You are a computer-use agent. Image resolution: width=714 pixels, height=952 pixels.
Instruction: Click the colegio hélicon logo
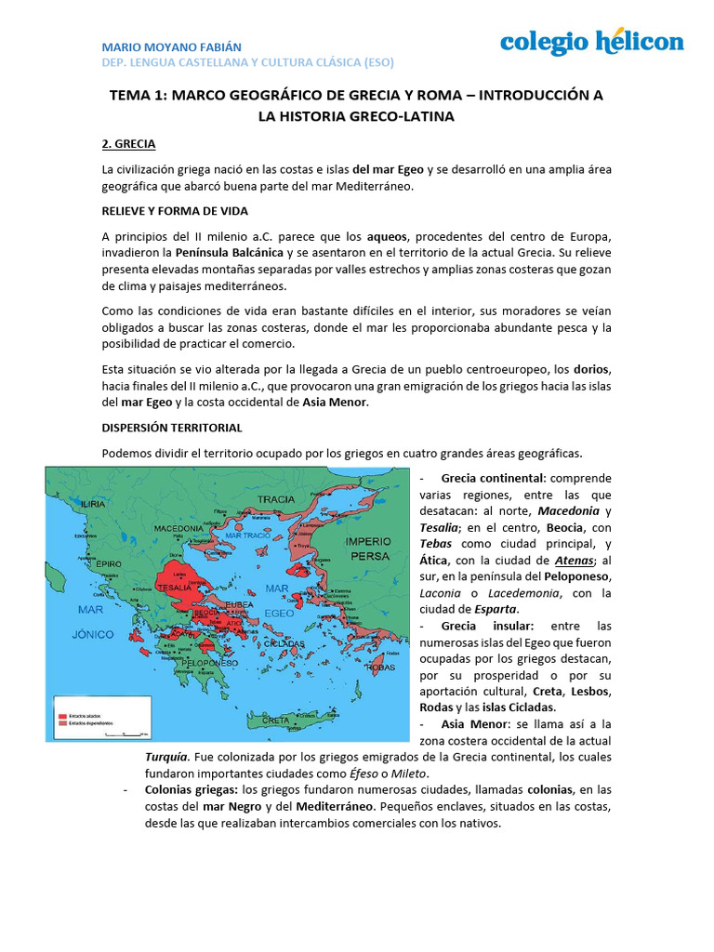(591, 42)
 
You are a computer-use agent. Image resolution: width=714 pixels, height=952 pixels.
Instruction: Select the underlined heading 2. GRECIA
(128, 144)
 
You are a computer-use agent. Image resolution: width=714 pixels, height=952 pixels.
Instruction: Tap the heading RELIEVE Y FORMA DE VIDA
(176, 211)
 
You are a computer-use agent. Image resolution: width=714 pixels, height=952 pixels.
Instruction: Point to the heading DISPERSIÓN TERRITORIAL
(172, 428)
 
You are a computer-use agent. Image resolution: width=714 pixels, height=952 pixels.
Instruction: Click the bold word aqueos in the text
(387, 236)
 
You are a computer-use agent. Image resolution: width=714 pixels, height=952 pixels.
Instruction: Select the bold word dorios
(592, 369)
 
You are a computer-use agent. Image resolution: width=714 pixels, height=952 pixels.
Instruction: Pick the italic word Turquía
(172, 757)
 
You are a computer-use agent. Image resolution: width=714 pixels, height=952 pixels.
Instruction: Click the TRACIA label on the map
(276, 499)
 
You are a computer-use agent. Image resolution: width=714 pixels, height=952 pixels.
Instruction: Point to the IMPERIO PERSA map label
(367, 548)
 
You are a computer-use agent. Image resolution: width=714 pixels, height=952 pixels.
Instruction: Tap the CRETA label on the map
(275, 721)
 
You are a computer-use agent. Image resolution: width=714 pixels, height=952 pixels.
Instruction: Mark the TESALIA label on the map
(175, 588)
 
